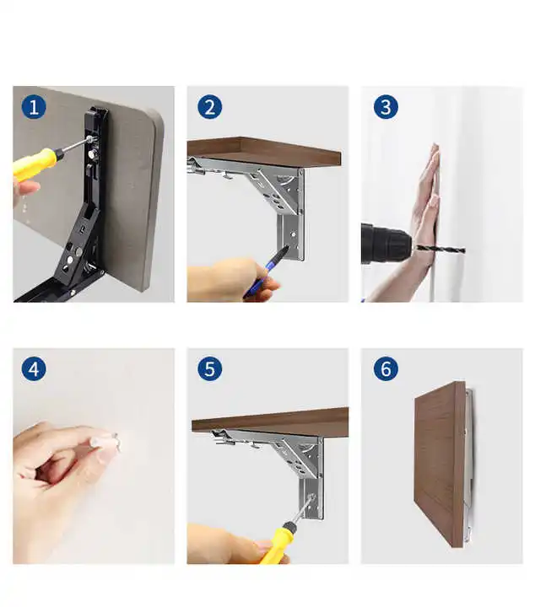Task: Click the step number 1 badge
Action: pyautogui.click(x=35, y=107)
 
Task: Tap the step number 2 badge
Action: pyautogui.click(x=210, y=107)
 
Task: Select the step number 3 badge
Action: pyautogui.click(x=386, y=107)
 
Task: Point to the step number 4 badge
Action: pyautogui.click(x=35, y=369)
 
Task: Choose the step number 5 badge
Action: pyautogui.click(x=210, y=369)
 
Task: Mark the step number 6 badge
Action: pyautogui.click(x=386, y=369)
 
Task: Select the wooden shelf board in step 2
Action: pyautogui.click(x=266, y=153)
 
